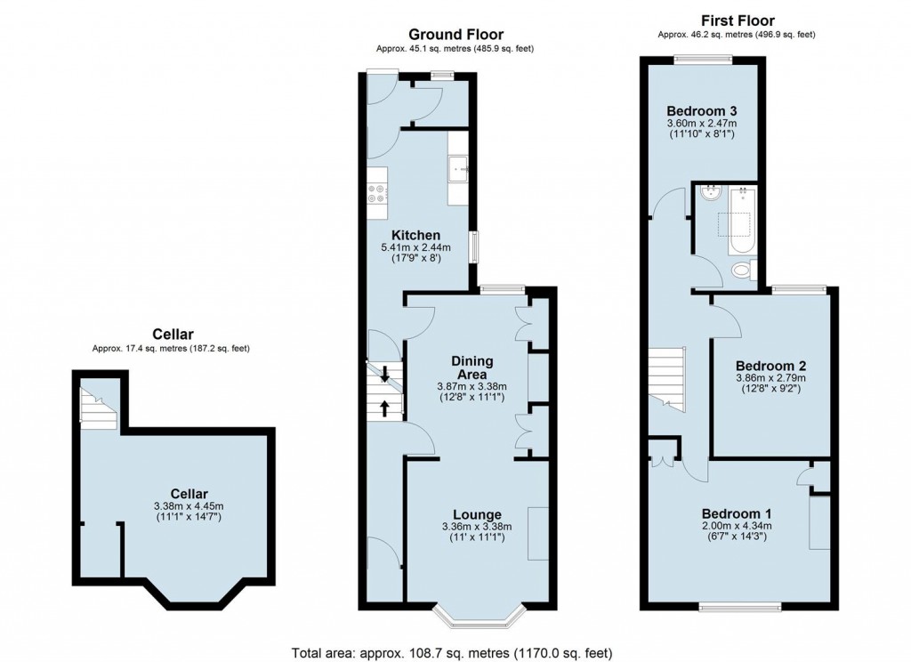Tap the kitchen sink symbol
pyautogui.click(x=460, y=166)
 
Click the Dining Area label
pyautogui.click(x=472, y=367)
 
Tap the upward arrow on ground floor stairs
pyautogui.click(x=385, y=408)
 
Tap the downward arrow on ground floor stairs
pyautogui.click(x=384, y=375)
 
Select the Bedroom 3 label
pyautogui.click(x=702, y=110)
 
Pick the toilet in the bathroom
pyautogui.click(x=740, y=269)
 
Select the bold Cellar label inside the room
pyautogui.click(x=189, y=494)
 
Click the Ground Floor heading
pyautogui.click(x=455, y=35)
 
